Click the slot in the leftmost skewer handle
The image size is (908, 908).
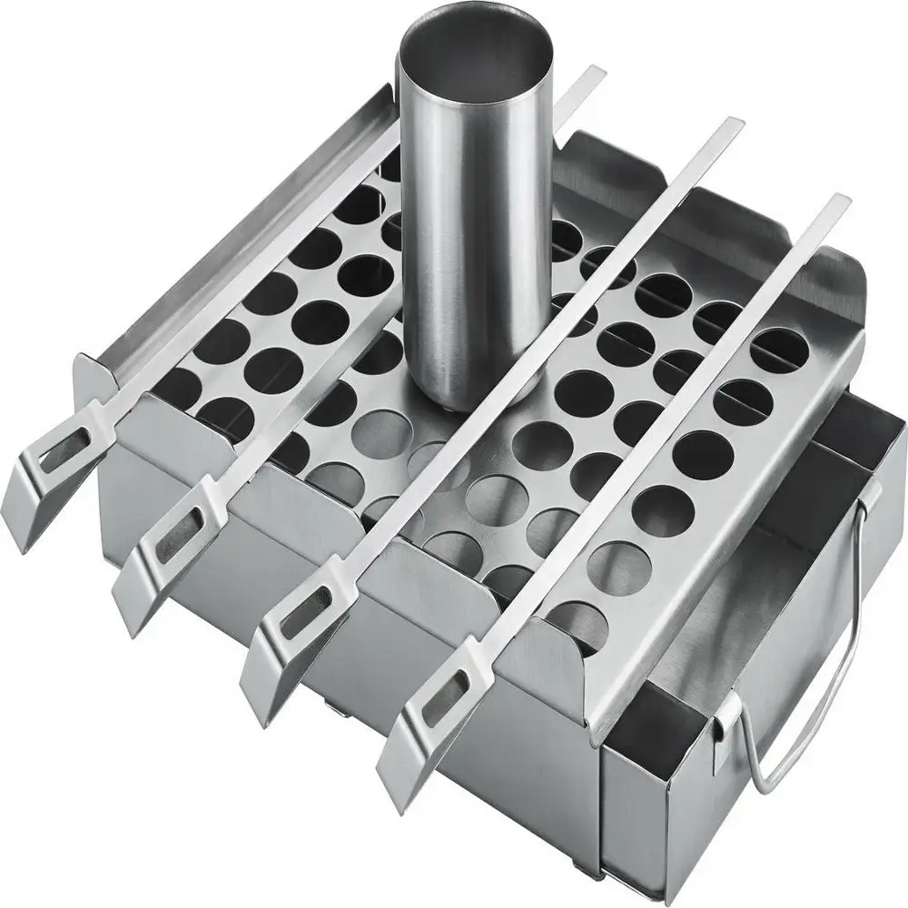(56, 446)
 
